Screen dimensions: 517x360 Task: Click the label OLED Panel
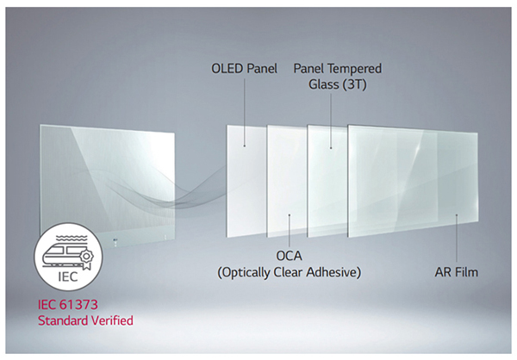pyautogui.click(x=244, y=69)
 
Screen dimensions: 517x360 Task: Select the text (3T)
pyautogui.click(x=354, y=84)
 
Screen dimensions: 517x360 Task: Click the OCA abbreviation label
pyautogui.click(x=289, y=256)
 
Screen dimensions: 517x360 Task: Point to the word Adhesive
pyautogui.click(x=333, y=272)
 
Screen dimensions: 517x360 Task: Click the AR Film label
pyautogui.click(x=457, y=272)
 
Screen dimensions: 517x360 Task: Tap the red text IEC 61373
pyautogui.click(x=68, y=304)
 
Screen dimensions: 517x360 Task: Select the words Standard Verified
pyautogui.click(x=85, y=320)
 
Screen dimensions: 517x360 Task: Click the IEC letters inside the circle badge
pyautogui.click(x=68, y=276)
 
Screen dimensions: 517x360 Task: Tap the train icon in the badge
pyautogui.click(x=68, y=255)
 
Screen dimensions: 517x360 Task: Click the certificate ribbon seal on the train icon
pyautogui.click(x=86, y=258)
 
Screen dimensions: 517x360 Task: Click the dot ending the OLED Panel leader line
pyautogui.click(x=245, y=146)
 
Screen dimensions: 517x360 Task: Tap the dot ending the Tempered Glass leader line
pyautogui.click(x=331, y=148)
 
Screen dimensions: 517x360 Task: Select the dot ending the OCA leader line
pyautogui.click(x=290, y=215)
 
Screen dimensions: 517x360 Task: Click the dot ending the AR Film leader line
pyautogui.click(x=457, y=215)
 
